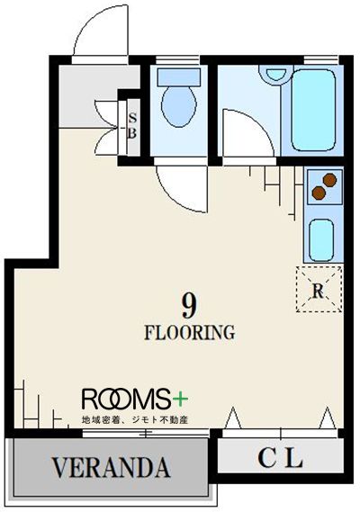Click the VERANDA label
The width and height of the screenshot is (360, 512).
(111, 467)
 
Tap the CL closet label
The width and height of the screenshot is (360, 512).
(280, 457)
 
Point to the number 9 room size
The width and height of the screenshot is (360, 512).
(190, 305)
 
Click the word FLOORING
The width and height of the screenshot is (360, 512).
(190, 333)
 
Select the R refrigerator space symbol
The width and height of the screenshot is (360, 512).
(319, 290)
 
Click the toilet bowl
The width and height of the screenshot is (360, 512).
(179, 106)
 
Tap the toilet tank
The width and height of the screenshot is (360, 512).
(179, 77)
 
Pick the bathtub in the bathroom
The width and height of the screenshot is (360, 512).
(313, 110)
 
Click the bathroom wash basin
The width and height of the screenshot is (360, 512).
(276, 75)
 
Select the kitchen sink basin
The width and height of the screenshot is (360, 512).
(321, 240)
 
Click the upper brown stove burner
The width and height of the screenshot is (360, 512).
(329, 180)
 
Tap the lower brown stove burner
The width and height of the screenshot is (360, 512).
(319, 193)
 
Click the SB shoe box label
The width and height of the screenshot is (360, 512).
(132, 126)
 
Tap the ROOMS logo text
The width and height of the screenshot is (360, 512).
(127, 399)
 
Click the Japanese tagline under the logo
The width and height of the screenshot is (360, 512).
(135, 420)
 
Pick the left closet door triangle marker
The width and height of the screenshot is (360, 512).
(232, 418)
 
